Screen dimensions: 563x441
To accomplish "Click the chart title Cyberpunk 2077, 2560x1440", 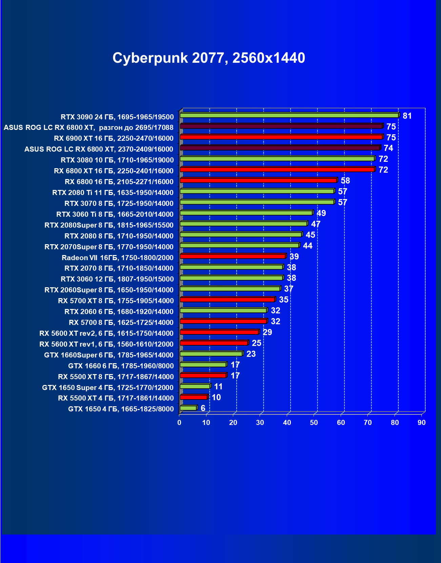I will pyautogui.click(x=209, y=58).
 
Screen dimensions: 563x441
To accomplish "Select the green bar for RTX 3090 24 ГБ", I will pyautogui.click(x=289, y=115).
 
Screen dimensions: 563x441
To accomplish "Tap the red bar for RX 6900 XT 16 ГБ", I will pyautogui.click(x=281, y=137).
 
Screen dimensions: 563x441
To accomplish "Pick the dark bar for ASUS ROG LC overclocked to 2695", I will pyautogui.click(x=281, y=126).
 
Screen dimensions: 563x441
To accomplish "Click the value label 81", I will pyautogui.click(x=407, y=116).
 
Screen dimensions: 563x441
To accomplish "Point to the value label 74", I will pyautogui.click(x=388, y=148).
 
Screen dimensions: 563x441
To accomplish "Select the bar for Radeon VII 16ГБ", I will pyautogui.click(x=233, y=256).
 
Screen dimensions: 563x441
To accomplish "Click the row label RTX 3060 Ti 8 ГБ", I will pyautogui.click(x=115, y=214).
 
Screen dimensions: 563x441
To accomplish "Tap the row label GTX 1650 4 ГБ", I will pyautogui.click(x=121, y=409).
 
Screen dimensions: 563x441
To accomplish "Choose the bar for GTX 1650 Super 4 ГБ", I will pyautogui.click(x=195, y=386).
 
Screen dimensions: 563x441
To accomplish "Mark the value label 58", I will pyautogui.click(x=345, y=181).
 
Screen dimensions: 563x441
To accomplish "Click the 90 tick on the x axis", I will pyautogui.click(x=421, y=423).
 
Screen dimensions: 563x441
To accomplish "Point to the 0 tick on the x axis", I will pyautogui.click(x=179, y=423).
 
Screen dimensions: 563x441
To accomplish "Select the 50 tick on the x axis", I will pyautogui.click(x=314, y=423).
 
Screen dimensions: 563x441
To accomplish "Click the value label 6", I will pyautogui.click(x=203, y=408).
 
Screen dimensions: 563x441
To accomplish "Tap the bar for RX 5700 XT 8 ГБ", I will pyautogui.click(x=227, y=299).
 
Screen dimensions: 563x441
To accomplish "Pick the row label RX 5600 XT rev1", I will pyautogui.click(x=106, y=344).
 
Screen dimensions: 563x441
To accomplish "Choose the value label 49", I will pyautogui.click(x=321, y=213).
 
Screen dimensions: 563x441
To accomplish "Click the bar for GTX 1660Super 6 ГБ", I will pyautogui.click(x=211, y=354).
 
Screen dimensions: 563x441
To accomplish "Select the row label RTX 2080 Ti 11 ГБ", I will pyautogui.click(x=113, y=193).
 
